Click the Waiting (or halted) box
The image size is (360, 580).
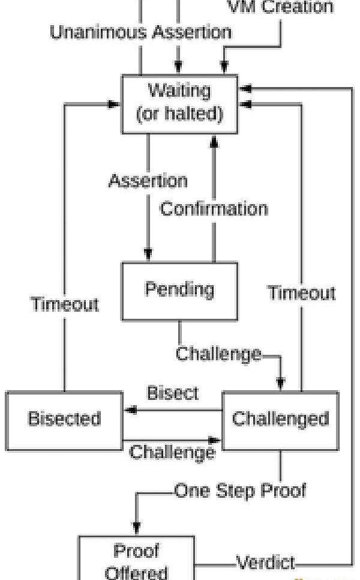179,103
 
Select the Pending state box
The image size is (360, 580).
179,291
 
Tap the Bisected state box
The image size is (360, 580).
64,420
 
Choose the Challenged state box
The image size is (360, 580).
280,420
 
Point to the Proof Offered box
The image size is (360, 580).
137,560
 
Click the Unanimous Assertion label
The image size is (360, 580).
140,32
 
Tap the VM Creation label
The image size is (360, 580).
280,7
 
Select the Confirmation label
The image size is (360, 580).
214,209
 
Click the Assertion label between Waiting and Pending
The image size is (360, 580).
148,180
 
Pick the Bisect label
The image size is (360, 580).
172,393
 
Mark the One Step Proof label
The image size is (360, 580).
240,491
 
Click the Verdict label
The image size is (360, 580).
265,563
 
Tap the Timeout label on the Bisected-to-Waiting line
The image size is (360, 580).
65,304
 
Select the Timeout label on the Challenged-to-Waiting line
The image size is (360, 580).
301,293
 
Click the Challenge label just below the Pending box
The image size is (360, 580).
218,354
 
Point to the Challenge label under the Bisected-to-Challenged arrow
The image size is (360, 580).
172,452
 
